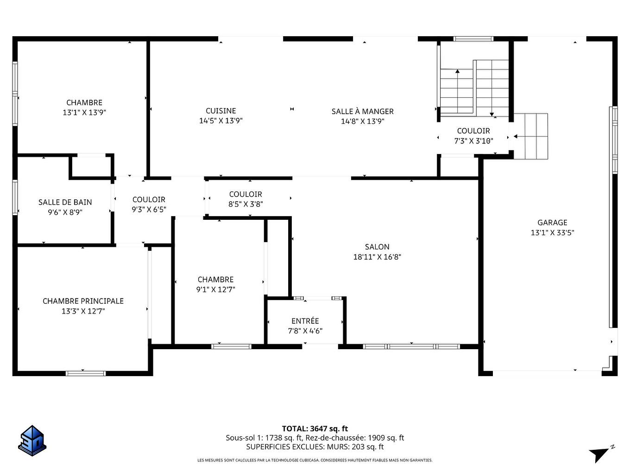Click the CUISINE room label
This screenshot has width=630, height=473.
click(221, 111)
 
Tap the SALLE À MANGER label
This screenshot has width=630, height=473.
click(362, 111)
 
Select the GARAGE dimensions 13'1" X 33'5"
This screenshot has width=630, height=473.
click(552, 233)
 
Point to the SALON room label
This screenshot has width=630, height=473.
click(377, 247)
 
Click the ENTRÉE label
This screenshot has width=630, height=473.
click(305, 321)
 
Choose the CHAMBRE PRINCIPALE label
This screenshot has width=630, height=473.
click(83, 301)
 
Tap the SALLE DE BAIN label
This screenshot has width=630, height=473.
click(65, 202)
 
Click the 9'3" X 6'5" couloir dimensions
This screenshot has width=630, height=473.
click(149, 210)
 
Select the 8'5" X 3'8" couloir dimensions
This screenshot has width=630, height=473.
click(246, 204)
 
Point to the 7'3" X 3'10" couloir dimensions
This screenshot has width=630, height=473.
click(473, 141)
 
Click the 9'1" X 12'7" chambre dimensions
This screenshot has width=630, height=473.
click(215, 289)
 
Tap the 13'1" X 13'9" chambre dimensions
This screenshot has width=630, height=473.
click(84, 112)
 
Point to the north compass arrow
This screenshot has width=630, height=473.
click(600, 454)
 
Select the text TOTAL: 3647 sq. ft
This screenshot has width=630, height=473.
click(315, 429)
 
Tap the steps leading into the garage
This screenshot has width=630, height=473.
click(531, 136)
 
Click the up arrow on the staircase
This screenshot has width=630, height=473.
click(457, 72)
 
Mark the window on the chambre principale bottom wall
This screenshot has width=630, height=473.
click(86, 373)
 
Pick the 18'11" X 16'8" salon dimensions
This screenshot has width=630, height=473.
click(377, 257)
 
